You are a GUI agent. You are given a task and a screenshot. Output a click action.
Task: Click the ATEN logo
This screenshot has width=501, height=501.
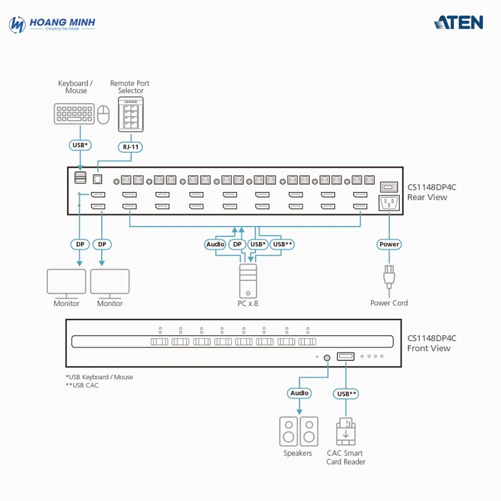[x=458, y=23]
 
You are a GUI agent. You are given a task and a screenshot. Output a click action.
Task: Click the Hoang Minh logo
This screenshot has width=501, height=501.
[x=52, y=24]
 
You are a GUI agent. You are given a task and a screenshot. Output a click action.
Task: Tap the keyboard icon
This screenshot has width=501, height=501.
[x=74, y=114]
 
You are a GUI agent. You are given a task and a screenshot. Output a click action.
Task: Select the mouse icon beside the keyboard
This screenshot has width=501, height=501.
[x=103, y=114]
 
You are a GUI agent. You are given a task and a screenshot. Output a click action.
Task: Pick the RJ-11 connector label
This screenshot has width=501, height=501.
[x=131, y=147]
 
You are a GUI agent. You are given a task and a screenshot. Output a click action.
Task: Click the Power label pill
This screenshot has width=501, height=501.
[x=389, y=244]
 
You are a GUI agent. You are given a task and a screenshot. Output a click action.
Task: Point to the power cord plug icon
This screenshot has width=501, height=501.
[x=389, y=278]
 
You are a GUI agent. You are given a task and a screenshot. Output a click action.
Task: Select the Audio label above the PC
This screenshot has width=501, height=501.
[x=215, y=244]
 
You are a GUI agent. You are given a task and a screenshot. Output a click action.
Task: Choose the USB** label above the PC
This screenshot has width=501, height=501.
[x=282, y=244]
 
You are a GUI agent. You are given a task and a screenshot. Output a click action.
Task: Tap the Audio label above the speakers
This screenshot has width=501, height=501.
[x=300, y=393]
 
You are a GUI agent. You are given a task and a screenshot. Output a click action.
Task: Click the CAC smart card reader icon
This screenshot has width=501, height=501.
[x=346, y=432]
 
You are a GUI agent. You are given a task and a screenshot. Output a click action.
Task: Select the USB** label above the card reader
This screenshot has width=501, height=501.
[x=346, y=394]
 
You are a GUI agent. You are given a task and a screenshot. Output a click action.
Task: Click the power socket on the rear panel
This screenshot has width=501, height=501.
[x=389, y=203]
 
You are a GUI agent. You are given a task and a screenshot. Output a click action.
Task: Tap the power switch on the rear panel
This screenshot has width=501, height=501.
[x=389, y=187]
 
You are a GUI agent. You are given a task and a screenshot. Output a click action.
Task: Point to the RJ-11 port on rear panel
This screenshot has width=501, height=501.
[x=98, y=178]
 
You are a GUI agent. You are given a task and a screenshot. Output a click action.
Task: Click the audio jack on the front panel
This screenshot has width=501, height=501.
[x=327, y=358]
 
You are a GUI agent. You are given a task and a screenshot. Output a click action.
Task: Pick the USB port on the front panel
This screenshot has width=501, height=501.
[x=346, y=357]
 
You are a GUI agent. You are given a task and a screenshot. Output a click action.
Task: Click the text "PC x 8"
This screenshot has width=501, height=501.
[x=248, y=304]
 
